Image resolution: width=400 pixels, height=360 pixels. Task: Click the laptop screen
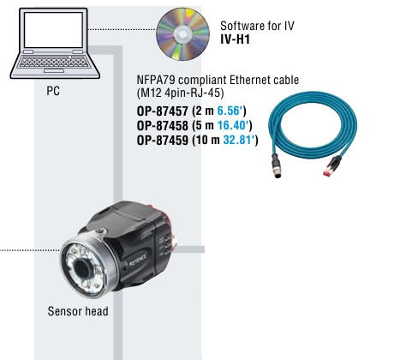53,30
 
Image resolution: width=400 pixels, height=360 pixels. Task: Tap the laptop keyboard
54,62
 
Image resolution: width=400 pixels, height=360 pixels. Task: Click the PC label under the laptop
53,91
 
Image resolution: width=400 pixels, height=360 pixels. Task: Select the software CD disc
182,34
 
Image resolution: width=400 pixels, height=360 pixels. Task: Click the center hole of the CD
182,34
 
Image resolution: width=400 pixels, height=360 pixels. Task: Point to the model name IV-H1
235,39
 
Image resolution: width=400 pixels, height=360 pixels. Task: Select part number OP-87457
163,111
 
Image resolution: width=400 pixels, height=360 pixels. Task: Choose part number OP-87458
163,125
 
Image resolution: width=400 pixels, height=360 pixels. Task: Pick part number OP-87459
163,140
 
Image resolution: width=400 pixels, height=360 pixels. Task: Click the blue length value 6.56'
231,111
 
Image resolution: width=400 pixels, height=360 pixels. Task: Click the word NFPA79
156,80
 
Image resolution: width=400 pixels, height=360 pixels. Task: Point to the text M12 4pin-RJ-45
181,93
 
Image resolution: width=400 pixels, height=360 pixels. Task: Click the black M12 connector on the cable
277,165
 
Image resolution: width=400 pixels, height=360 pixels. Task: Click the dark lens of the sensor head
81,268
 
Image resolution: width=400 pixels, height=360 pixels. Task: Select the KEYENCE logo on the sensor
137,260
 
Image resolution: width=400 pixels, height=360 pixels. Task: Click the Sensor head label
78,311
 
